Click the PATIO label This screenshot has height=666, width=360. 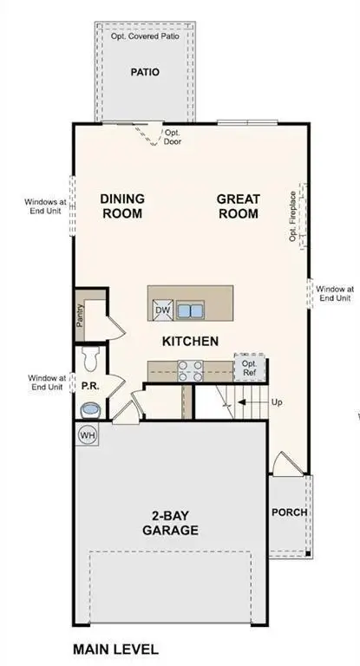coord(145,73)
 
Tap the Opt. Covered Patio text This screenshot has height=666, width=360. coord(145,37)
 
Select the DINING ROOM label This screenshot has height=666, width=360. coord(121,206)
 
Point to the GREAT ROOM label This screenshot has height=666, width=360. coord(238,206)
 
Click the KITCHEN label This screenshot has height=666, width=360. coord(190,342)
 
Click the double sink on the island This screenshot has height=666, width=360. coord(192,310)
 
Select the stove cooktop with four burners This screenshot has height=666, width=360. coord(190,370)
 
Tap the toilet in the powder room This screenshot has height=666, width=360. coord(88,357)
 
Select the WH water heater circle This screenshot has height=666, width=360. coord(88,434)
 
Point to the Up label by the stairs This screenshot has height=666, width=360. coord(277,403)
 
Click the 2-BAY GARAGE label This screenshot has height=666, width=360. coord(171,523)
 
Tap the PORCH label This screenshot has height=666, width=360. coord(289,512)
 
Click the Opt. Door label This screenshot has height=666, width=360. coord(173,137)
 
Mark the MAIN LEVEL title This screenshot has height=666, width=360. coord(115,649)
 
